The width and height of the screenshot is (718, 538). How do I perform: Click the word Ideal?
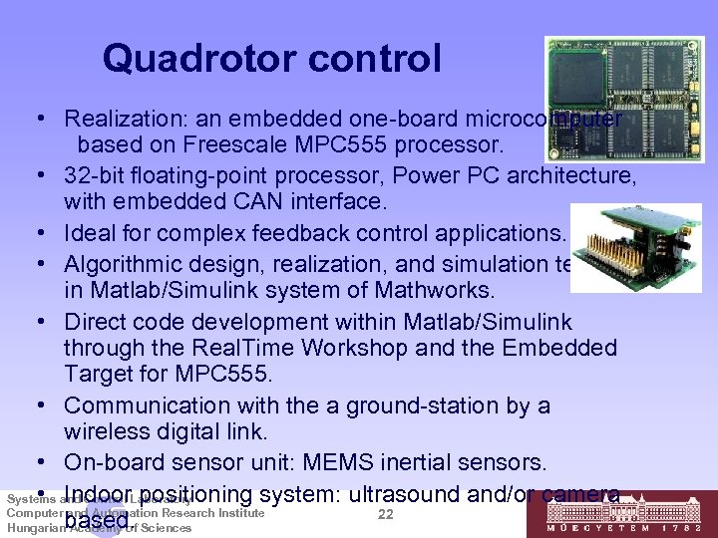tap(90, 234)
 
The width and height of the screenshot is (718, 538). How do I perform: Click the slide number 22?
tap(388, 514)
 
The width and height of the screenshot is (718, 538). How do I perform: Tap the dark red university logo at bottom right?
tap(619, 516)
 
